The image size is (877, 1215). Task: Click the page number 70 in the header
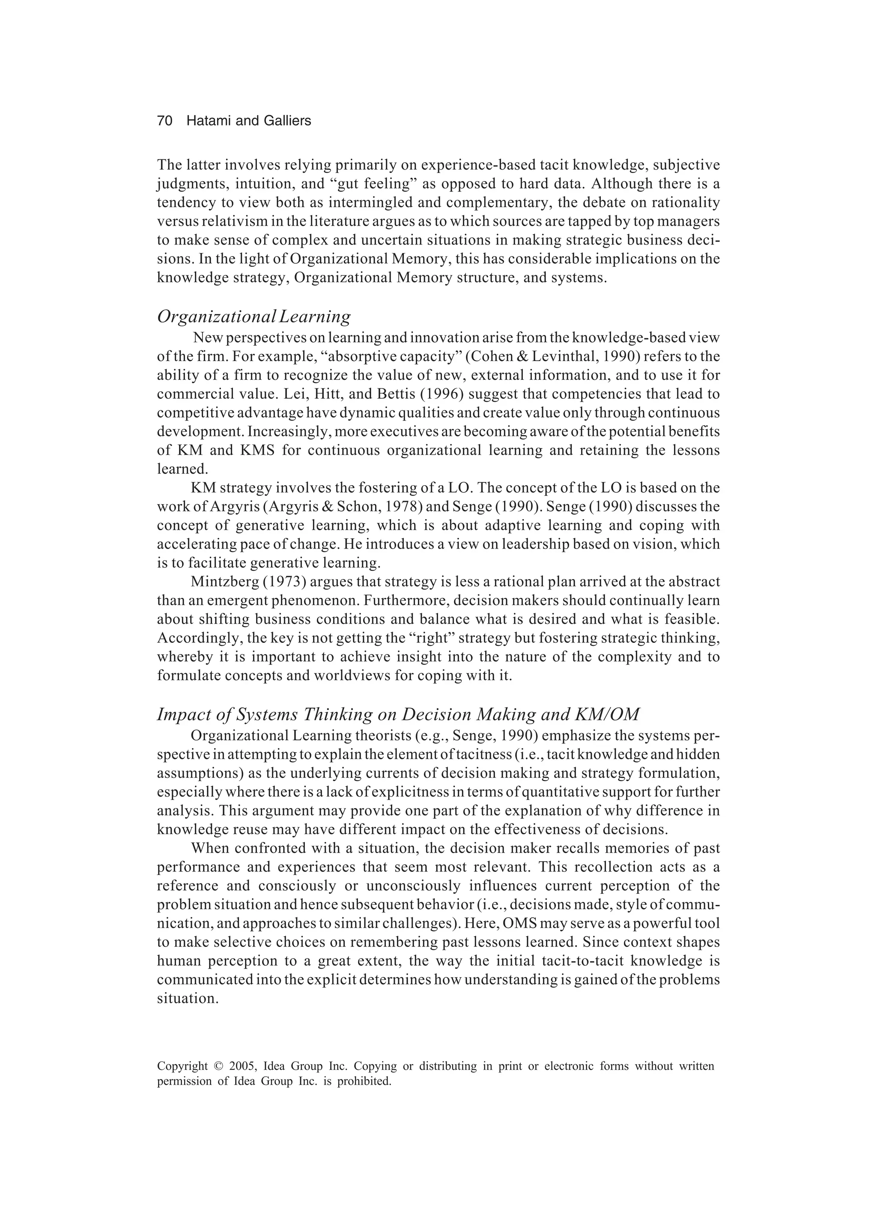(164, 121)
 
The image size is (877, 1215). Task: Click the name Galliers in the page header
(287, 121)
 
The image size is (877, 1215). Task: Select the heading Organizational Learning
(254, 316)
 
